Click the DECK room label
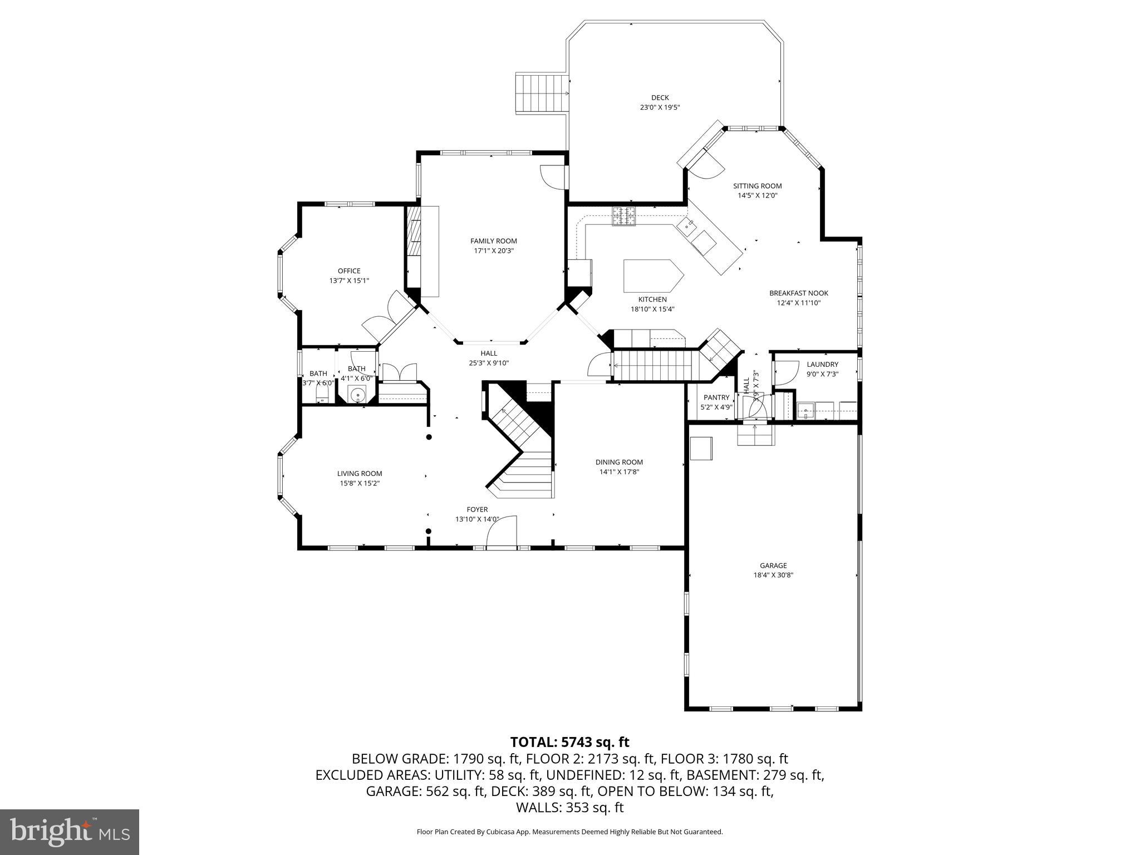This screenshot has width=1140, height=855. pos(660,98)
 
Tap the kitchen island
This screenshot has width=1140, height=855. pos(652,276)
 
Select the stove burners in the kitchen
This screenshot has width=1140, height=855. pos(624,215)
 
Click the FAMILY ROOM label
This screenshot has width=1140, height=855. pos(493,241)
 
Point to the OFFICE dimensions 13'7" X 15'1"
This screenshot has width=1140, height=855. pos(349,281)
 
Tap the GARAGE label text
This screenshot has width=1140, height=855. pos(773,566)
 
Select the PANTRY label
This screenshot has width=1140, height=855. pos(716,397)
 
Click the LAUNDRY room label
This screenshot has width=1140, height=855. pos(822,365)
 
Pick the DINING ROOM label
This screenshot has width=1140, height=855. pos(619,462)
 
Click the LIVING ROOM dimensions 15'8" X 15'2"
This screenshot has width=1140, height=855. pos(360,483)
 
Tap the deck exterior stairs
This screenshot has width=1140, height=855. pos(542,92)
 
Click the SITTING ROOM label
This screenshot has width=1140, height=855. pos(757,186)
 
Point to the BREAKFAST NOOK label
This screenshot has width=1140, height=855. pos(798,293)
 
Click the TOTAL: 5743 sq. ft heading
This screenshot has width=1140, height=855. pos(569,742)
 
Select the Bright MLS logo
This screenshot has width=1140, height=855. pos(70,832)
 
